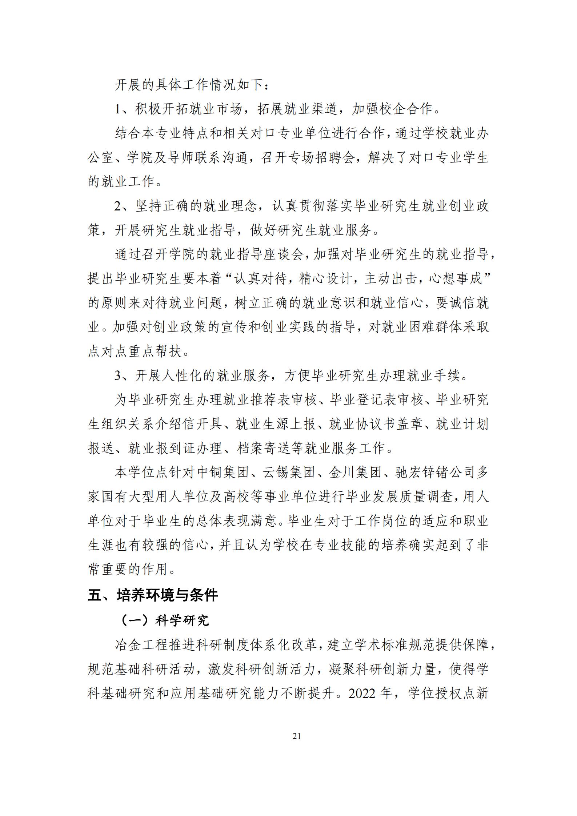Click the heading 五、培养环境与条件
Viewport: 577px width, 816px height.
pyautogui.click(x=153, y=595)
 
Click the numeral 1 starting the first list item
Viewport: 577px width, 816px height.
pyautogui.click(x=118, y=109)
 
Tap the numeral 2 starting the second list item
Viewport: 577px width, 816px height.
pyautogui.click(x=118, y=206)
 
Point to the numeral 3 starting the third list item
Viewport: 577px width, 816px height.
pyautogui.click(x=118, y=375)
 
